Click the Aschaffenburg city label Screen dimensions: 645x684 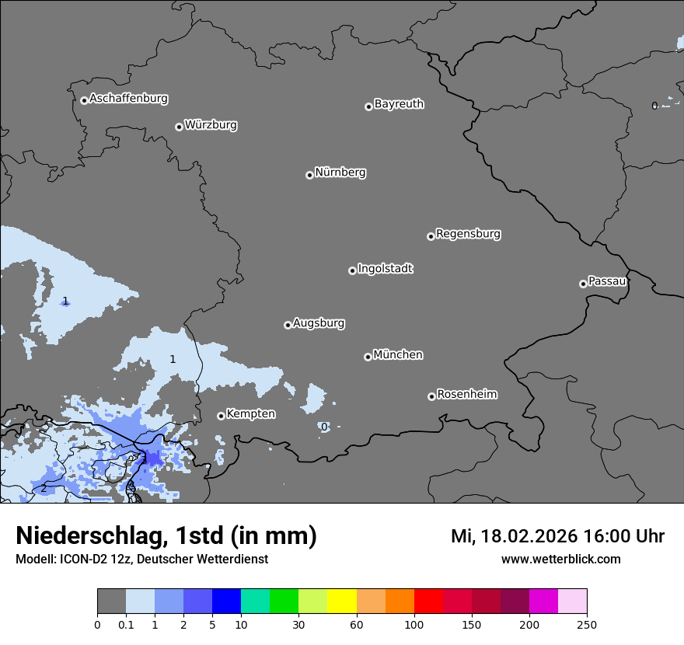point(128,99)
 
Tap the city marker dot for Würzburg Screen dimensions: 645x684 point(179,127)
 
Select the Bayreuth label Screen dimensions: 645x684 point(399,104)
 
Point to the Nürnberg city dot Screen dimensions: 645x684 point(309,175)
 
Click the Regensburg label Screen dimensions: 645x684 point(468,234)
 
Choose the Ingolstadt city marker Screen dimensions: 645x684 point(352,270)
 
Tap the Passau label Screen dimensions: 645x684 point(607,281)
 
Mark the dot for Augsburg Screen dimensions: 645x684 point(288,325)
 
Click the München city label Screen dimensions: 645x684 point(398,355)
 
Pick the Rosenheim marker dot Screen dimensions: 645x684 point(431,396)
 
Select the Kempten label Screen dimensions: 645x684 point(250,414)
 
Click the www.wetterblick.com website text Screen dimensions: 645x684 point(560,560)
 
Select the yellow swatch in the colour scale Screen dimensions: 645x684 point(342,601)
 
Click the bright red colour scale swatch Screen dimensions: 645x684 point(428,601)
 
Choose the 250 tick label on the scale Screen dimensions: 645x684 point(587,624)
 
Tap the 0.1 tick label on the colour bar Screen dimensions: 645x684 point(126,624)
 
